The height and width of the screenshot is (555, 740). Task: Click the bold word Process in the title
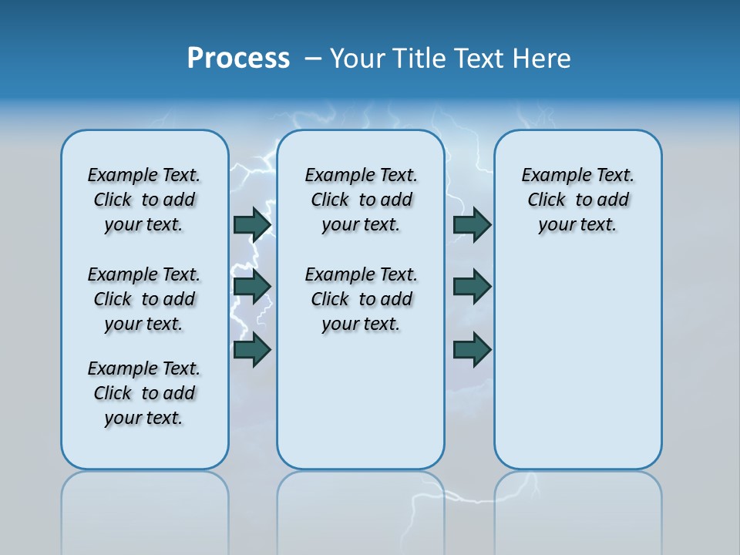(x=238, y=59)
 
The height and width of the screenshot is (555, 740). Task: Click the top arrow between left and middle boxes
(x=252, y=224)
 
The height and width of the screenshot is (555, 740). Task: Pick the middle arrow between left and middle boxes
(x=252, y=287)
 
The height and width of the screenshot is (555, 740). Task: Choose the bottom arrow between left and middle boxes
(x=252, y=350)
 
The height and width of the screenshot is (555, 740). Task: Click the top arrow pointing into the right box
(x=472, y=224)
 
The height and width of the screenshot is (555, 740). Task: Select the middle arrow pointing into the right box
(x=472, y=287)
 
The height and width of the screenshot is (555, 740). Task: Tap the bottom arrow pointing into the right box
(x=472, y=350)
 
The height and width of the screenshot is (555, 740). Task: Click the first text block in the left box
(x=144, y=200)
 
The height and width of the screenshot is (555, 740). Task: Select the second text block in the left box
(x=144, y=299)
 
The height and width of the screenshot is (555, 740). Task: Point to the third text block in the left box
(x=144, y=393)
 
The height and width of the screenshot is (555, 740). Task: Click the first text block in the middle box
(x=361, y=200)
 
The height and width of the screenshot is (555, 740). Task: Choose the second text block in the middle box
(x=361, y=299)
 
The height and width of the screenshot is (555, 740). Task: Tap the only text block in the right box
(x=577, y=200)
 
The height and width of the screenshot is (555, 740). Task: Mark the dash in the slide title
(x=313, y=59)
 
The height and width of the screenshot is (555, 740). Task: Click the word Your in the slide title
(x=358, y=59)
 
